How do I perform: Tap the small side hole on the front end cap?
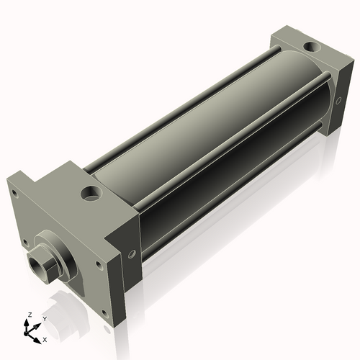click(131, 253)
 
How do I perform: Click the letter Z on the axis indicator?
click(29, 315)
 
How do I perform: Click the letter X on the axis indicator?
click(45, 338)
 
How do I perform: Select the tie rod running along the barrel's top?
click(180, 108)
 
